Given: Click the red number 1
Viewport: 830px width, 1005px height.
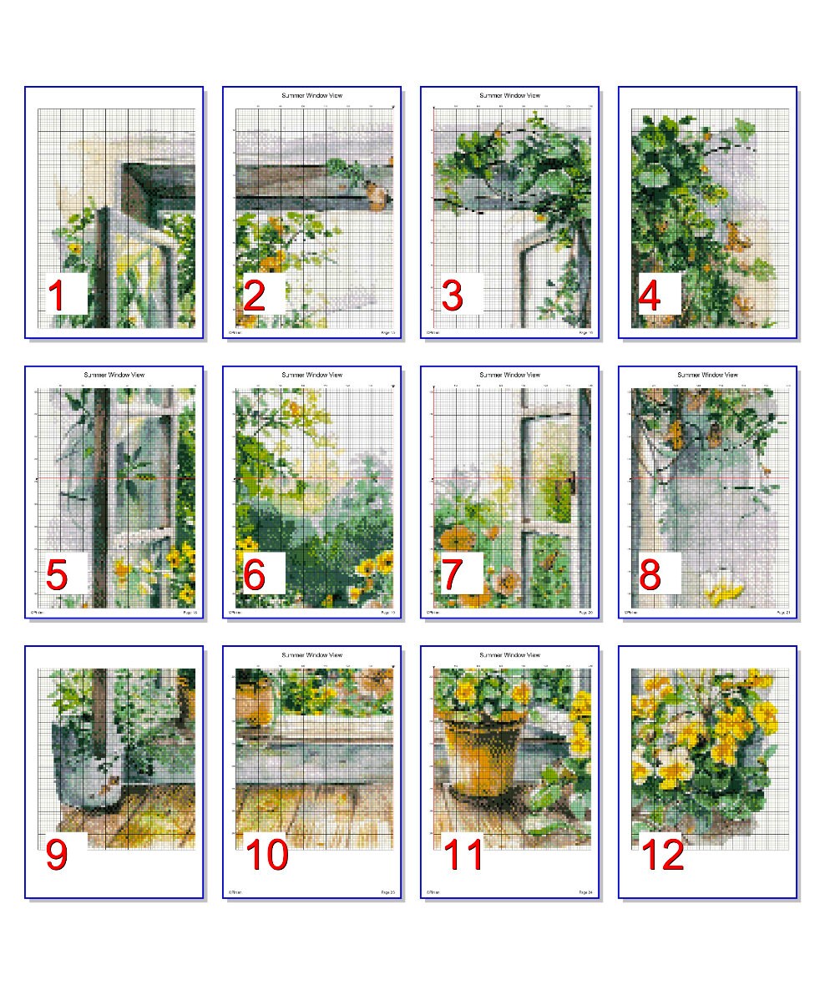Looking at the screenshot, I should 57,296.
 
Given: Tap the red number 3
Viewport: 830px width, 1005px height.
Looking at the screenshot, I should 452,296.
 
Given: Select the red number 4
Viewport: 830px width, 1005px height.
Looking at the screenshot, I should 650,296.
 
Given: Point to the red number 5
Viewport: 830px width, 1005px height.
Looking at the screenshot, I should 57,576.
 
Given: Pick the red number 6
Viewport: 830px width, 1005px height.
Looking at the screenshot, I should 255,576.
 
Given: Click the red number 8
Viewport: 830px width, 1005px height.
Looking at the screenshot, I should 650,576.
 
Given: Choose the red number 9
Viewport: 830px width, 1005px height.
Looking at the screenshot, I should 57,854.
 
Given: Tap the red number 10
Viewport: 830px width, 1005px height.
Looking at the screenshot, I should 266,856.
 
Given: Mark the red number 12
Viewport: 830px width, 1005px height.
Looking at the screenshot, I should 662,856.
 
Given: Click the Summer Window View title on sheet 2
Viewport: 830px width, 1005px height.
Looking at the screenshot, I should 311,95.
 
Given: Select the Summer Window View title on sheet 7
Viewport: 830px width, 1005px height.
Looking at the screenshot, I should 509,375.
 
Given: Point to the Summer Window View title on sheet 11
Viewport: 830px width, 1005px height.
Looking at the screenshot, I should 509,654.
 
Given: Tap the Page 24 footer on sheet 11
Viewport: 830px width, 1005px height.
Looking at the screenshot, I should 585,892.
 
